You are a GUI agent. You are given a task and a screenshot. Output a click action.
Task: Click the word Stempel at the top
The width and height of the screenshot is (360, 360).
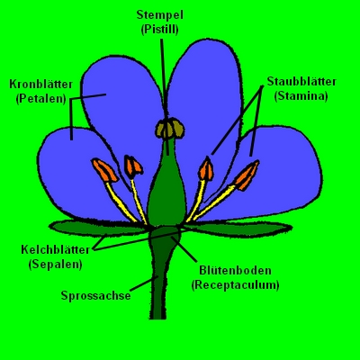pos(159,15)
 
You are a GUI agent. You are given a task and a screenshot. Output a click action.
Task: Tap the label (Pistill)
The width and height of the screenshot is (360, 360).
pos(160,30)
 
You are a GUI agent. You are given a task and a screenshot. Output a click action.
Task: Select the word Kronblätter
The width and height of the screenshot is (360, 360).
pos(41,85)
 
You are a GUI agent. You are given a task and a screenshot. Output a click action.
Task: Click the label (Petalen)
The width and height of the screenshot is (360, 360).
pos(41,99)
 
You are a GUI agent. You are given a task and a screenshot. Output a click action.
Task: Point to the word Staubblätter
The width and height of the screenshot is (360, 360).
pos(301,82)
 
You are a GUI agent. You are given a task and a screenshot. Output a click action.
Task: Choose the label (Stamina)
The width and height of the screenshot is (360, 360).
pos(301,96)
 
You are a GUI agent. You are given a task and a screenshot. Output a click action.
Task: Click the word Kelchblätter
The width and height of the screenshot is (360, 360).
pos(55,249)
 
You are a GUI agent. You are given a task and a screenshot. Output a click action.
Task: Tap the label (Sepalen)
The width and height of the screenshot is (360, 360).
pos(55,265)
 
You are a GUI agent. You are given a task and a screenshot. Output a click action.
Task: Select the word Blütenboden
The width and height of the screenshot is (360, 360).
pos(235,270)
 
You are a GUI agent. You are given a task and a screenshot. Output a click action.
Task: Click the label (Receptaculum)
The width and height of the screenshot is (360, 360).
pos(235,284)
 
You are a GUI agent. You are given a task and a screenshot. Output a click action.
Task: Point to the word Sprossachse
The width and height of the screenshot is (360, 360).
pos(96,295)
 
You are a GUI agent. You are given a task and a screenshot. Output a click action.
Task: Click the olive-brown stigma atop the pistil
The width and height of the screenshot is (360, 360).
pos(170,129)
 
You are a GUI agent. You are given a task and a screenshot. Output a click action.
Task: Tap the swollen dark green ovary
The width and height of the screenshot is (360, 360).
pos(166,195)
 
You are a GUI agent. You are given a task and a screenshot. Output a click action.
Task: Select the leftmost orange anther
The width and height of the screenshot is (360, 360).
pos(104,170)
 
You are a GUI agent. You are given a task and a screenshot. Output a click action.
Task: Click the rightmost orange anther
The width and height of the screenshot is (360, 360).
pos(247,175)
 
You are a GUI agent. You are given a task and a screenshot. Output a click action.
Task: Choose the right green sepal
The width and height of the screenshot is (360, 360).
pos(237,229)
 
